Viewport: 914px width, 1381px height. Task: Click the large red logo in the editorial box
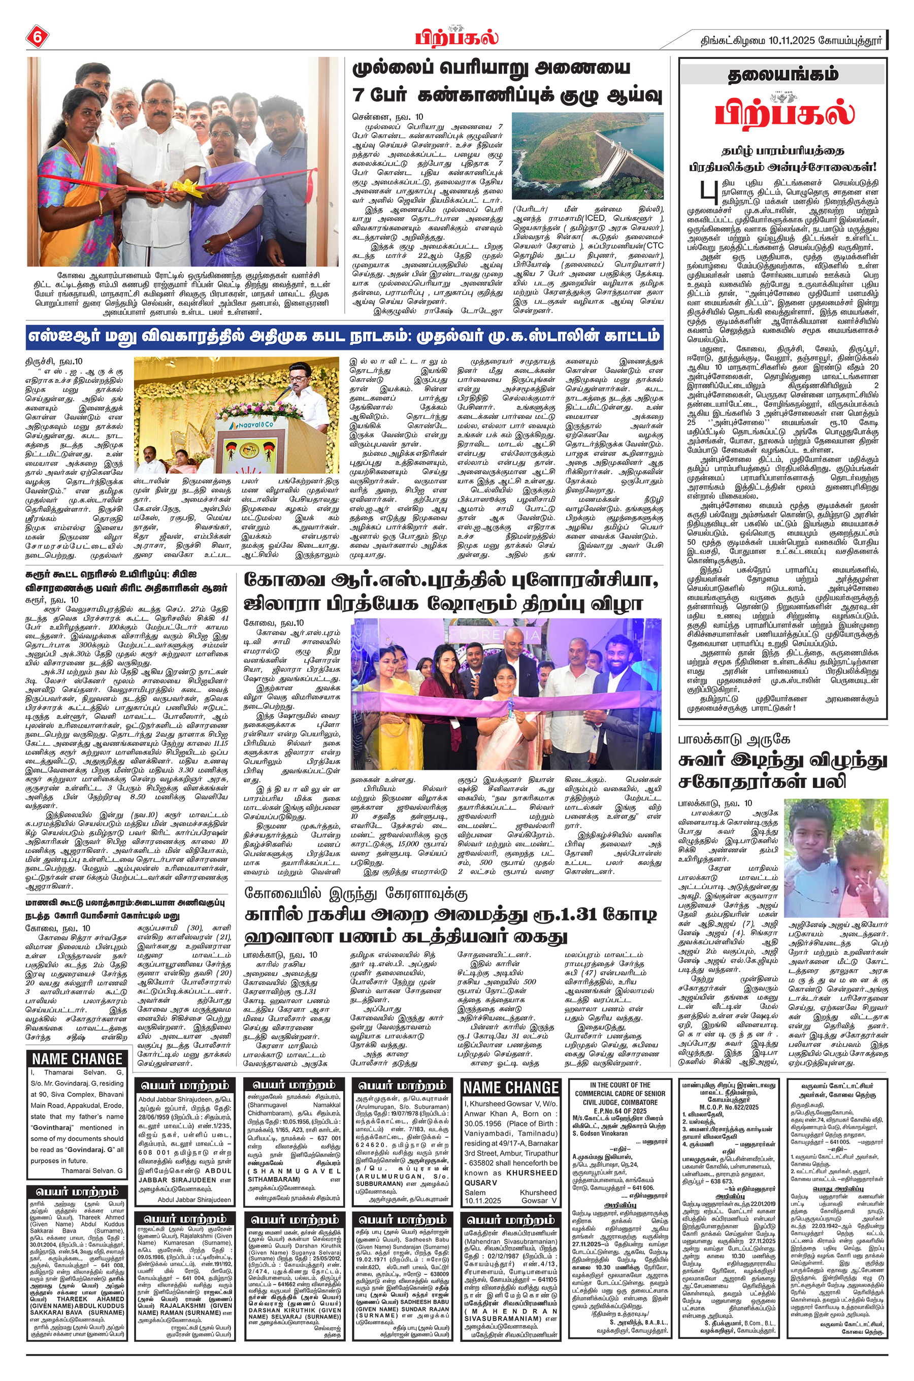click(x=784, y=113)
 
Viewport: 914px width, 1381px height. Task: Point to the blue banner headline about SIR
click(x=344, y=337)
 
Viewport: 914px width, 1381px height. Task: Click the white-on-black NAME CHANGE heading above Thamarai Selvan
click(x=77, y=1059)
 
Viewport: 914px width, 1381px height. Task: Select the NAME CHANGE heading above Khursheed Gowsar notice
click(x=511, y=1088)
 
